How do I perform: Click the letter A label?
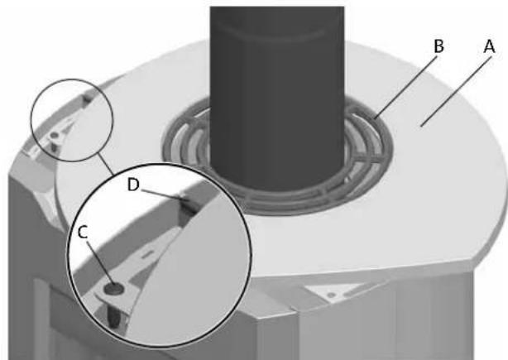click(x=488, y=47)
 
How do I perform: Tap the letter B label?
click(x=439, y=47)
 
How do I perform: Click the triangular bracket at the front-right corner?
click(x=331, y=290)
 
